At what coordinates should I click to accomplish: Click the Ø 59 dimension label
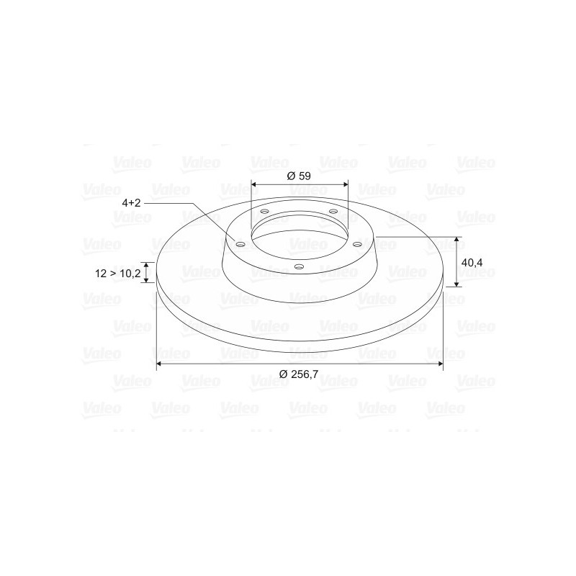[x=299, y=176]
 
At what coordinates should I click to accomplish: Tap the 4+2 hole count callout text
[x=131, y=203]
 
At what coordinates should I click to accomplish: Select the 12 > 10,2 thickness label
[x=117, y=274]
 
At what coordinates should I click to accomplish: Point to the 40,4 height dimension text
[x=472, y=262]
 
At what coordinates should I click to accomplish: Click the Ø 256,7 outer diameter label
[x=299, y=374]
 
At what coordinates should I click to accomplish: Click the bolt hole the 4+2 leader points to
[x=240, y=244]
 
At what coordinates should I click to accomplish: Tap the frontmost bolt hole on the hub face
[x=300, y=266]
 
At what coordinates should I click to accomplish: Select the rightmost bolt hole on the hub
[x=357, y=244]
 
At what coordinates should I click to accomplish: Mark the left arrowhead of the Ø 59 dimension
[x=253, y=184]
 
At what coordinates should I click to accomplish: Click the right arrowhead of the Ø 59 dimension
[x=346, y=184]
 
